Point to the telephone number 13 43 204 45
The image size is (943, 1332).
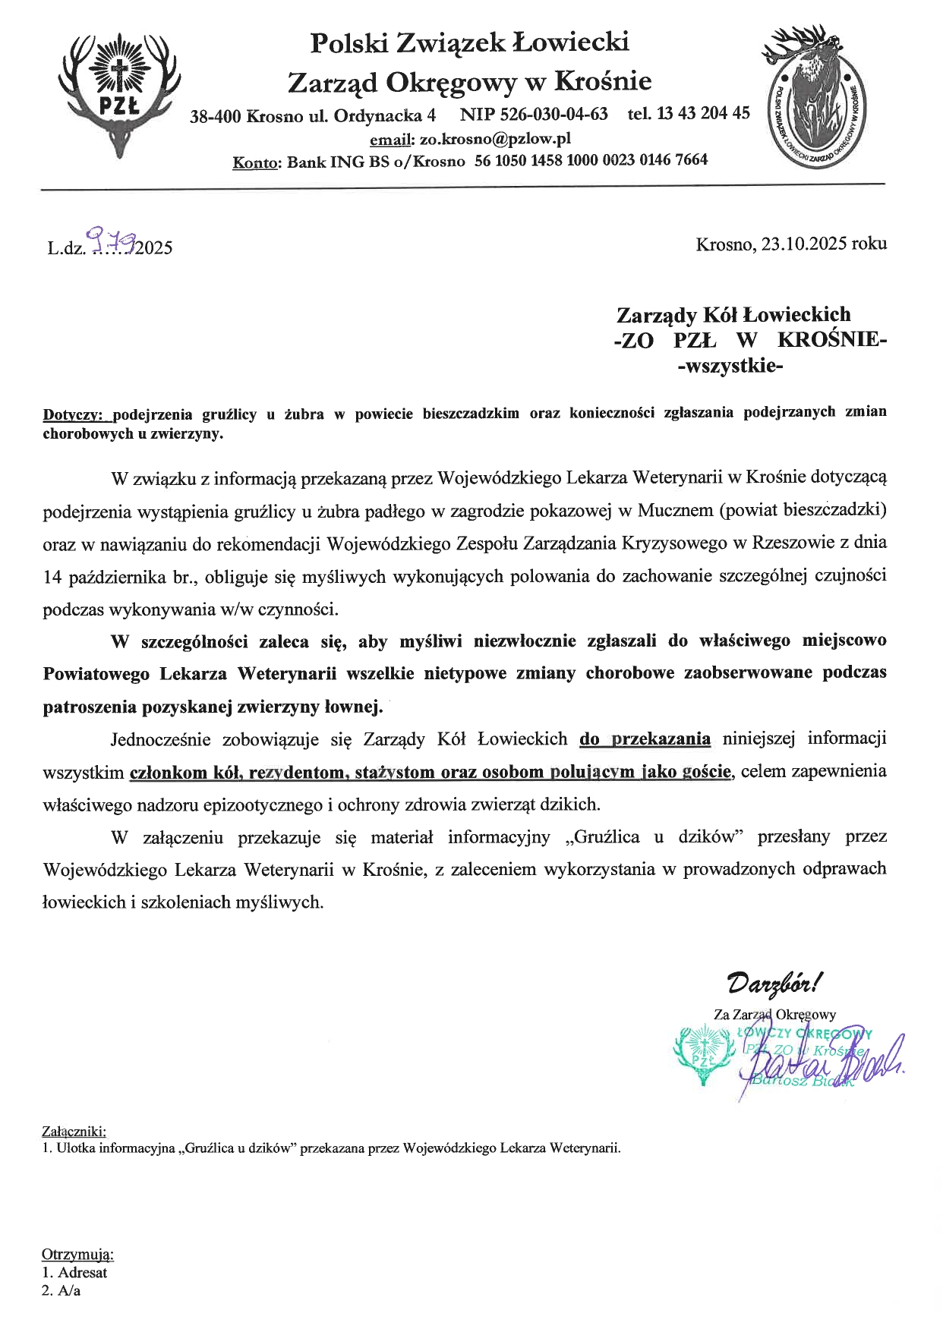(703, 114)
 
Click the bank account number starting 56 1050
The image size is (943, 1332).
(591, 160)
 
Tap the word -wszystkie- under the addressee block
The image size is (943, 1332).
(730, 367)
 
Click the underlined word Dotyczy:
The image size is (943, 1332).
(77, 414)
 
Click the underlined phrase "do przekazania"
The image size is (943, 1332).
(645, 738)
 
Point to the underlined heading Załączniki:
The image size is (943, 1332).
(74, 1132)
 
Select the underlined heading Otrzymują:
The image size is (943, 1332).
(77, 1254)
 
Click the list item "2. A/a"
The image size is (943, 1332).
(61, 1290)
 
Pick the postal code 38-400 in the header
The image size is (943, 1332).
(216, 116)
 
